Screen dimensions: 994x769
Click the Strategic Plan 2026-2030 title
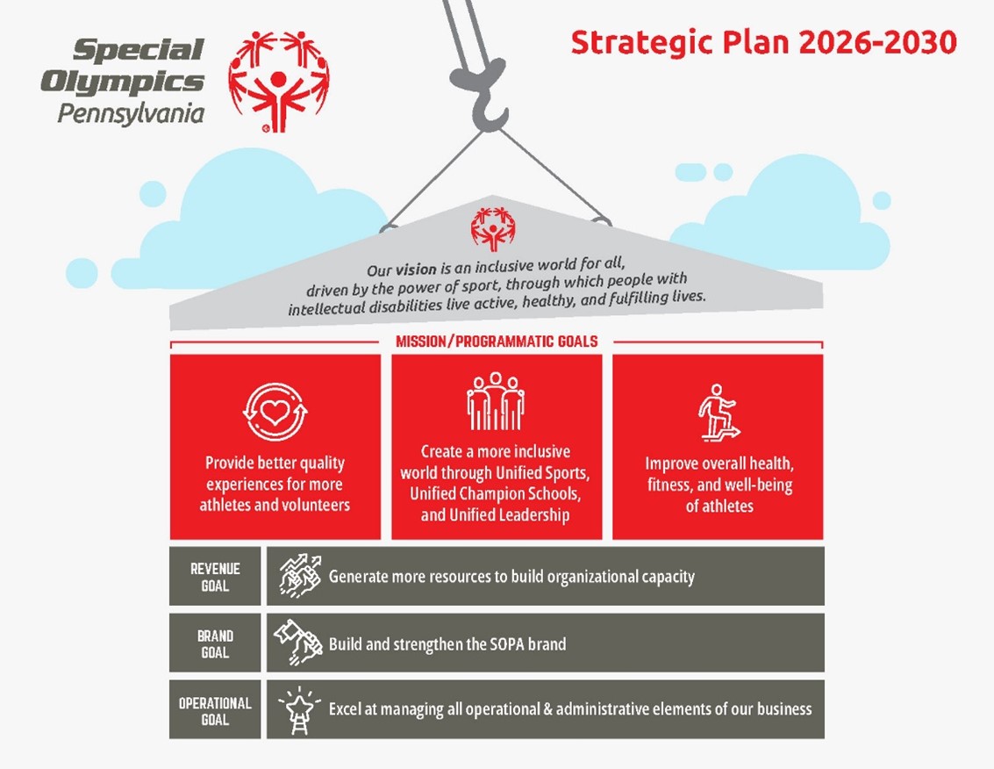pyautogui.click(x=763, y=42)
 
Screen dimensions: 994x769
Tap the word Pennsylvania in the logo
pyautogui.click(x=131, y=114)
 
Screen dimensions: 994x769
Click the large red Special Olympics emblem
pyautogui.click(x=278, y=82)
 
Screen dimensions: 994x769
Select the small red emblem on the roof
pyautogui.click(x=492, y=228)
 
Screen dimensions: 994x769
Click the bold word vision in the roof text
pyautogui.click(x=416, y=269)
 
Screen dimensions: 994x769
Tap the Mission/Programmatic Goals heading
pyautogui.click(x=497, y=341)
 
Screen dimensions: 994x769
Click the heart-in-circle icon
pyautogui.click(x=275, y=412)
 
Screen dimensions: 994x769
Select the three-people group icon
pyautogui.click(x=496, y=401)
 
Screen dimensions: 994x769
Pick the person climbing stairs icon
pyautogui.click(x=719, y=413)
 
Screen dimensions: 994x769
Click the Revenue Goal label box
pyautogui.click(x=215, y=576)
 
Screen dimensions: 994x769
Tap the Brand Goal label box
pyautogui.click(x=215, y=643)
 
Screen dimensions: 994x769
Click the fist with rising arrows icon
pyautogui.click(x=300, y=575)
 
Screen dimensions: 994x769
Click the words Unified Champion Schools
pyautogui.click(x=495, y=493)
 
